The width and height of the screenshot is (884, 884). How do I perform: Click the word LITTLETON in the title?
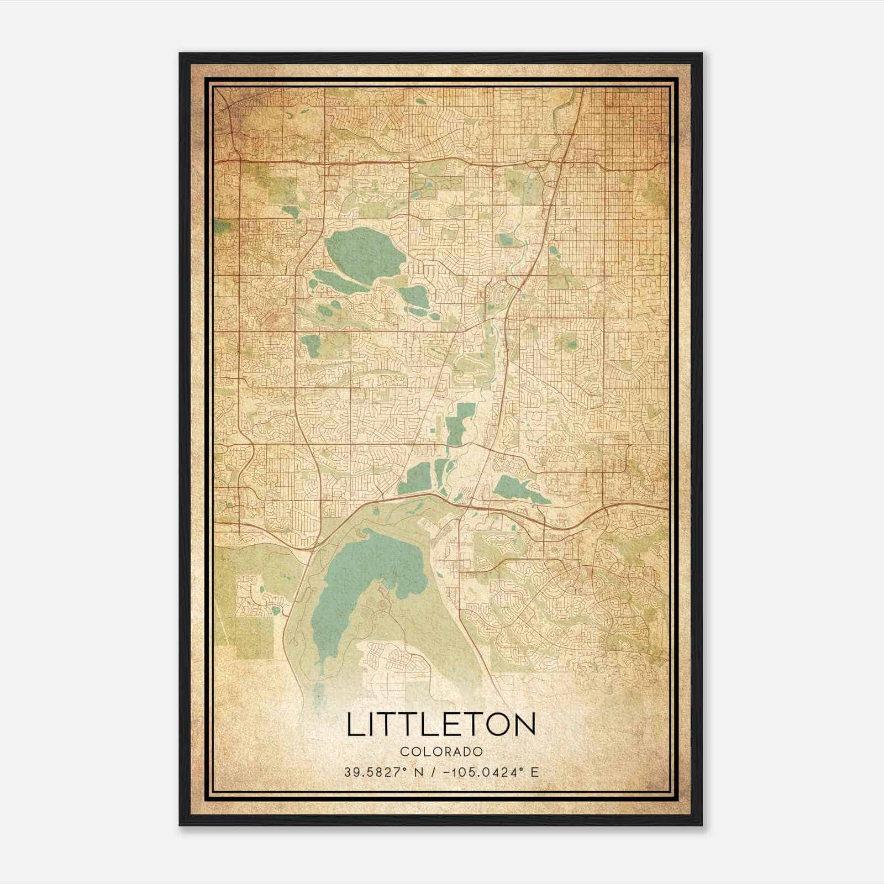(x=441, y=724)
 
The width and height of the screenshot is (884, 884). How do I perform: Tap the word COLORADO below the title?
(x=441, y=752)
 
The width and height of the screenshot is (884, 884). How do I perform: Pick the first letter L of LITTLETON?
(x=354, y=724)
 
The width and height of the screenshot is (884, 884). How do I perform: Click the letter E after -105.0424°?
(x=534, y=772)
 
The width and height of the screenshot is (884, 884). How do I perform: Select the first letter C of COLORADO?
(x=404, y=752)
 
